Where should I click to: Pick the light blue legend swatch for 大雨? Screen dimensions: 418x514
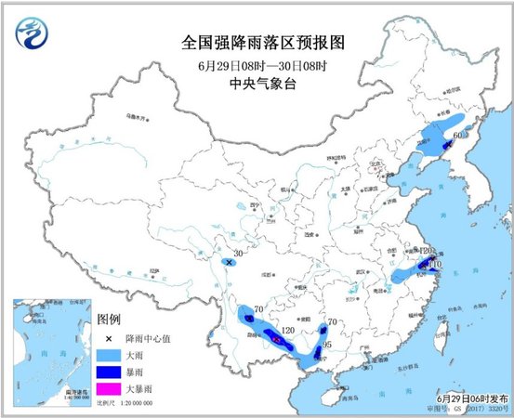pos(110,354)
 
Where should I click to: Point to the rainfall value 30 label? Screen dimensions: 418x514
pos(239,254)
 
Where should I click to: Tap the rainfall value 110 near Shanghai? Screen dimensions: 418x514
pos(434,264)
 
